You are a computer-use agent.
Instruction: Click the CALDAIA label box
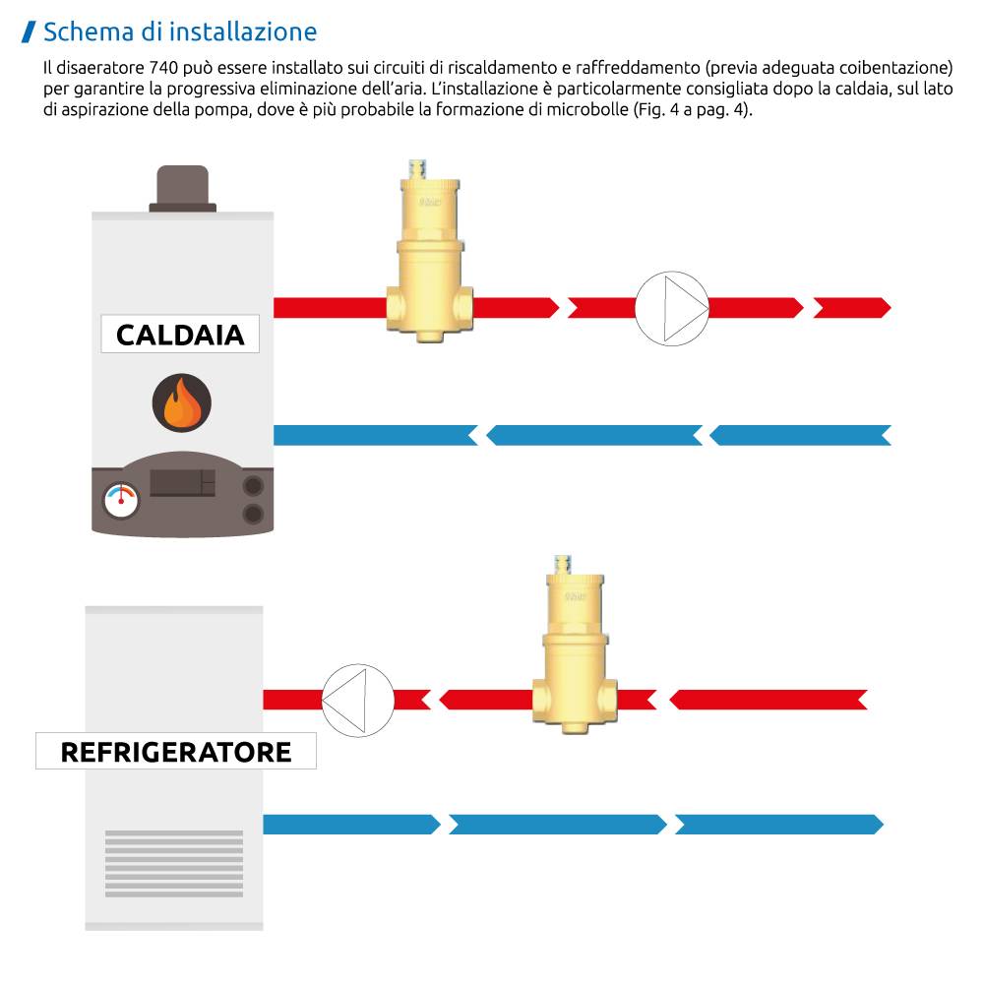180,335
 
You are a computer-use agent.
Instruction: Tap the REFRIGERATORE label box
176,752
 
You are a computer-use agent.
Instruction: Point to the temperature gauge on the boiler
122,499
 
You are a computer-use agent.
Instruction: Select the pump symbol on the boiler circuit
672,308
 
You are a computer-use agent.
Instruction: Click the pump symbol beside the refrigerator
357,700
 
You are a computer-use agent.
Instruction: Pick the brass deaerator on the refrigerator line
576,655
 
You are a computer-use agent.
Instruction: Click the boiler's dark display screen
182,482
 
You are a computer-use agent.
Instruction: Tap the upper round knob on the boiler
254,485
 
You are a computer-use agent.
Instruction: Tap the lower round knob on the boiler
254,513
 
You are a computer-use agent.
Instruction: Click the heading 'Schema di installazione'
180,31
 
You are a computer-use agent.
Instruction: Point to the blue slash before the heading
30,31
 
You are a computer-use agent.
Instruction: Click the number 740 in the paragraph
163,70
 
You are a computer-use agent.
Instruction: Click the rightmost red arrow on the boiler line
852,308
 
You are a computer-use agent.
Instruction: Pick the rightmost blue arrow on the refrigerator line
777,825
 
